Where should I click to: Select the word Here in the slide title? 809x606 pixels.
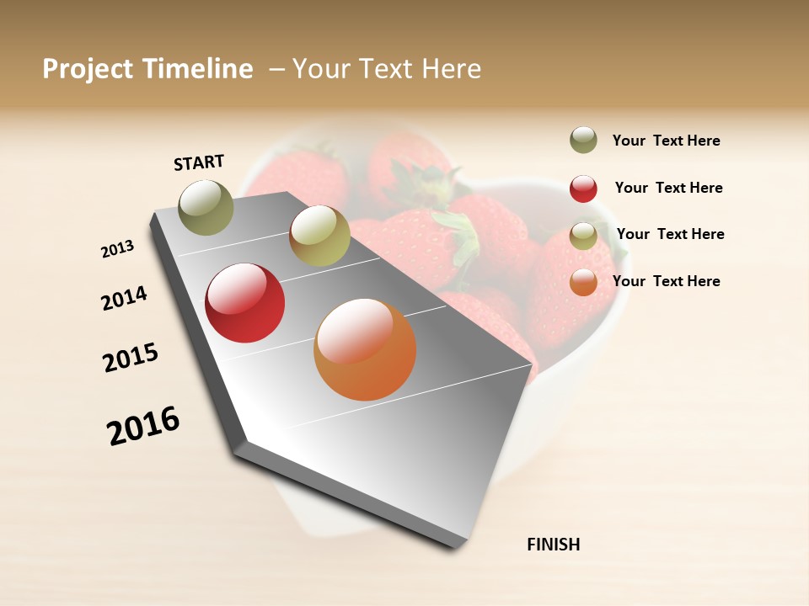click(x=451, y=69)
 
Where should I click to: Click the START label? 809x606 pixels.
click(x=199, y=162)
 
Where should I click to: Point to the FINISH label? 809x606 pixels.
click(x=553, y=545)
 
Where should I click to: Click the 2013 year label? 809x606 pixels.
click(x=117, y=249)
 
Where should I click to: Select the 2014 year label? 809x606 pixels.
click(x=124, y=298)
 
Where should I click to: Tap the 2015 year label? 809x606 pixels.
click(x=131, y=358)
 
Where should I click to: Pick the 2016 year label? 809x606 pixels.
click(x=143, y=426)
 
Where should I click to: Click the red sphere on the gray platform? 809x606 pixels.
click(x=245, y=303)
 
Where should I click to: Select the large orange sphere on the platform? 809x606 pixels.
click(x=365, y=349)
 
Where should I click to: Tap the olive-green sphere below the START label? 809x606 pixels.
click(x=206, y=207)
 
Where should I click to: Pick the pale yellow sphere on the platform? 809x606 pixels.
click(x=319, y=236)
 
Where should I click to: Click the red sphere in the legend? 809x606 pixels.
click(x=583, y=189)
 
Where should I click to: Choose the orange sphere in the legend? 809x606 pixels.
click(x=583, y=282)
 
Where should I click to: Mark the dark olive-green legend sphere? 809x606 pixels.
click(x=583, y=140)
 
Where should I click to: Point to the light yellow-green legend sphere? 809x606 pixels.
click(x=583, y=235)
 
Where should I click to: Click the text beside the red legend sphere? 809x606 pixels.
click(x=668, y=188)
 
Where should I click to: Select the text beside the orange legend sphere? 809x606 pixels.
click(x=666, y=281)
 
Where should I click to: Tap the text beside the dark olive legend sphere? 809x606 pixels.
click(x=666, y=141)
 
